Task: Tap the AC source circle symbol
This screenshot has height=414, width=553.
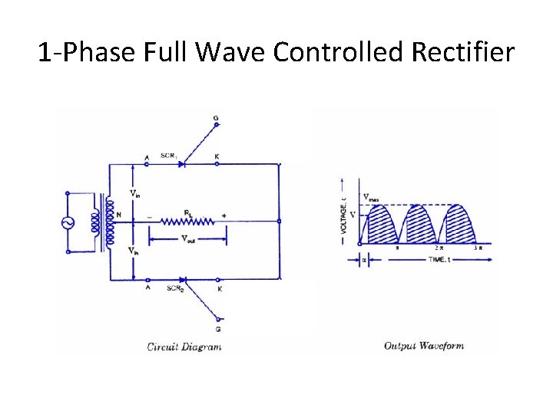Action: click(x=68, y=223)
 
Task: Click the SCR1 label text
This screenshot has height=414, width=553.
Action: click(x=170, y=156)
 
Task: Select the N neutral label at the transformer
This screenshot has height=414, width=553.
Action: click(x=118, y=215)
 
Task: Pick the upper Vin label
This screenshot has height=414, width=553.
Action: click(x=134, y=192)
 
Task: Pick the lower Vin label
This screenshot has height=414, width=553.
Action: click(x=134, y=251)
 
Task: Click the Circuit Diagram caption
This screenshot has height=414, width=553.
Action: click(x=184, y=347)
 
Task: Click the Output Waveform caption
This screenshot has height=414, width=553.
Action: click(x=424, y=347)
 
